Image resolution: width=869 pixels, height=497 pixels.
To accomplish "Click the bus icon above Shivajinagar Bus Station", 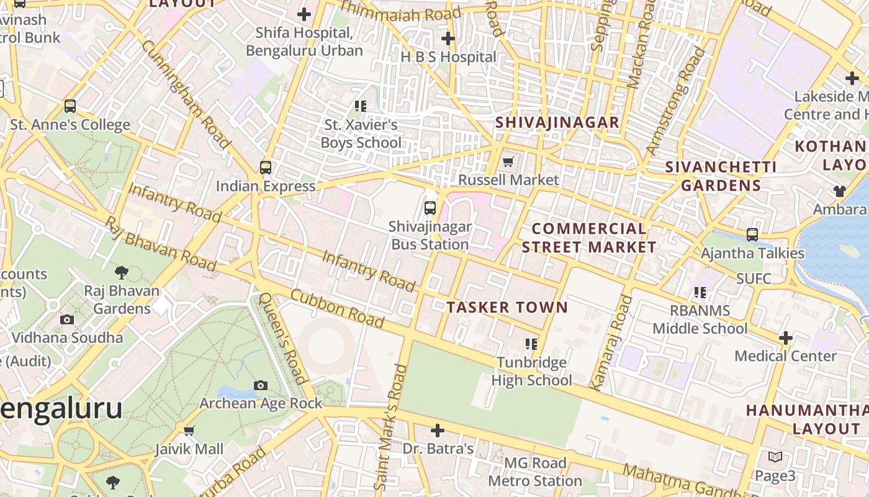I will (430, 207).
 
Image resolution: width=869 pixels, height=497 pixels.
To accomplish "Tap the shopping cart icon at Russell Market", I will (508, 162).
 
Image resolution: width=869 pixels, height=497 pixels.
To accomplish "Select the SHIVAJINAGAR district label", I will (557, 122).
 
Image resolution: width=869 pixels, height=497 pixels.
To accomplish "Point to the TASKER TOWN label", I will (507, 307).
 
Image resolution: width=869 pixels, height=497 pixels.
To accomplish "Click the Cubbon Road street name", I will (337, 308).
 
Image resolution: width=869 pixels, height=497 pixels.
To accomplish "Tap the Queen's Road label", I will (283, 338).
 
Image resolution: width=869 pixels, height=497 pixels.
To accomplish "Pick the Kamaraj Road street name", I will (611, 342).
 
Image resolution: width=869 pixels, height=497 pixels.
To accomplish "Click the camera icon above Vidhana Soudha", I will (67, 319).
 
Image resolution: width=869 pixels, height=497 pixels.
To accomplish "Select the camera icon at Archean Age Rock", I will (261, 385).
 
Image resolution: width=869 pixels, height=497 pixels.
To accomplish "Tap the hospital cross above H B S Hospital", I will (448, 39).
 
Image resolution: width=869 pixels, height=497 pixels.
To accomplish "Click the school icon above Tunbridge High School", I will (531, 344).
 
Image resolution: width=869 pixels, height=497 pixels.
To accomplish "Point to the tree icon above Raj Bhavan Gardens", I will (122, 272).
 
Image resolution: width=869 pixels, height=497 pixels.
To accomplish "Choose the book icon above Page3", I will (775, 457).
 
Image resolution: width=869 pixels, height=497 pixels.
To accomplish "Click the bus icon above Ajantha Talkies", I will (752, 235).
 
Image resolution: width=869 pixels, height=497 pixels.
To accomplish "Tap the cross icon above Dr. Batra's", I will (438, 430).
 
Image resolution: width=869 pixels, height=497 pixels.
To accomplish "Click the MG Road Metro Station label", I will (534, 472).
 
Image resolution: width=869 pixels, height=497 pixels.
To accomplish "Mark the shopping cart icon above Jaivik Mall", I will (189, 431).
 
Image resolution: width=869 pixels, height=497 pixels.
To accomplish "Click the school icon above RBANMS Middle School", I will (700, 291).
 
